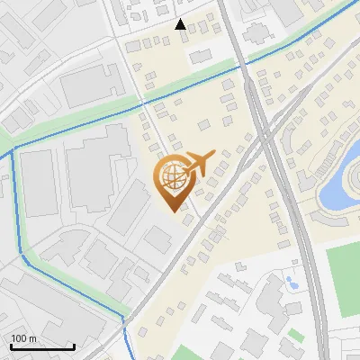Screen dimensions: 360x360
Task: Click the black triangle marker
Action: (x=181, y=25)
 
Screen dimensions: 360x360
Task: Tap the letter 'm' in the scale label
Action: (x=33, y=338)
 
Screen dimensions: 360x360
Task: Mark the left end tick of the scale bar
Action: (x=11, y=346)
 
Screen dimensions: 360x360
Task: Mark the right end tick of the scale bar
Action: (x=74, y=346)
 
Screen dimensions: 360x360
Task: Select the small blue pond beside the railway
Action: (x=292, y=282)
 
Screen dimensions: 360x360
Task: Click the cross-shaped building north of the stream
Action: (x=256, y=33)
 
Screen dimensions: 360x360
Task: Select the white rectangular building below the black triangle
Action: (x=199, y=57)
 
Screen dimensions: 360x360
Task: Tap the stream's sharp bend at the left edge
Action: (x=13, y=151)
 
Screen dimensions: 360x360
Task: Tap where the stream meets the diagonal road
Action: (x=126, y=319)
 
